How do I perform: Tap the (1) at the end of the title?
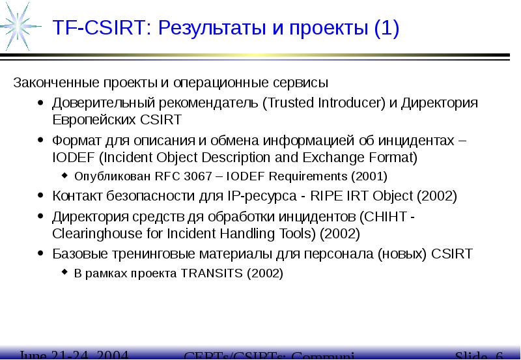click(x=386, y=29)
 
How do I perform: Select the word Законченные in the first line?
click(x=46, y=83)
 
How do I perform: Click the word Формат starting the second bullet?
click(x=74, y=141)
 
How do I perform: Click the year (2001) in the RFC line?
click(x=369, y=176)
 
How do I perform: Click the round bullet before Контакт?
click(x=41, y=196)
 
